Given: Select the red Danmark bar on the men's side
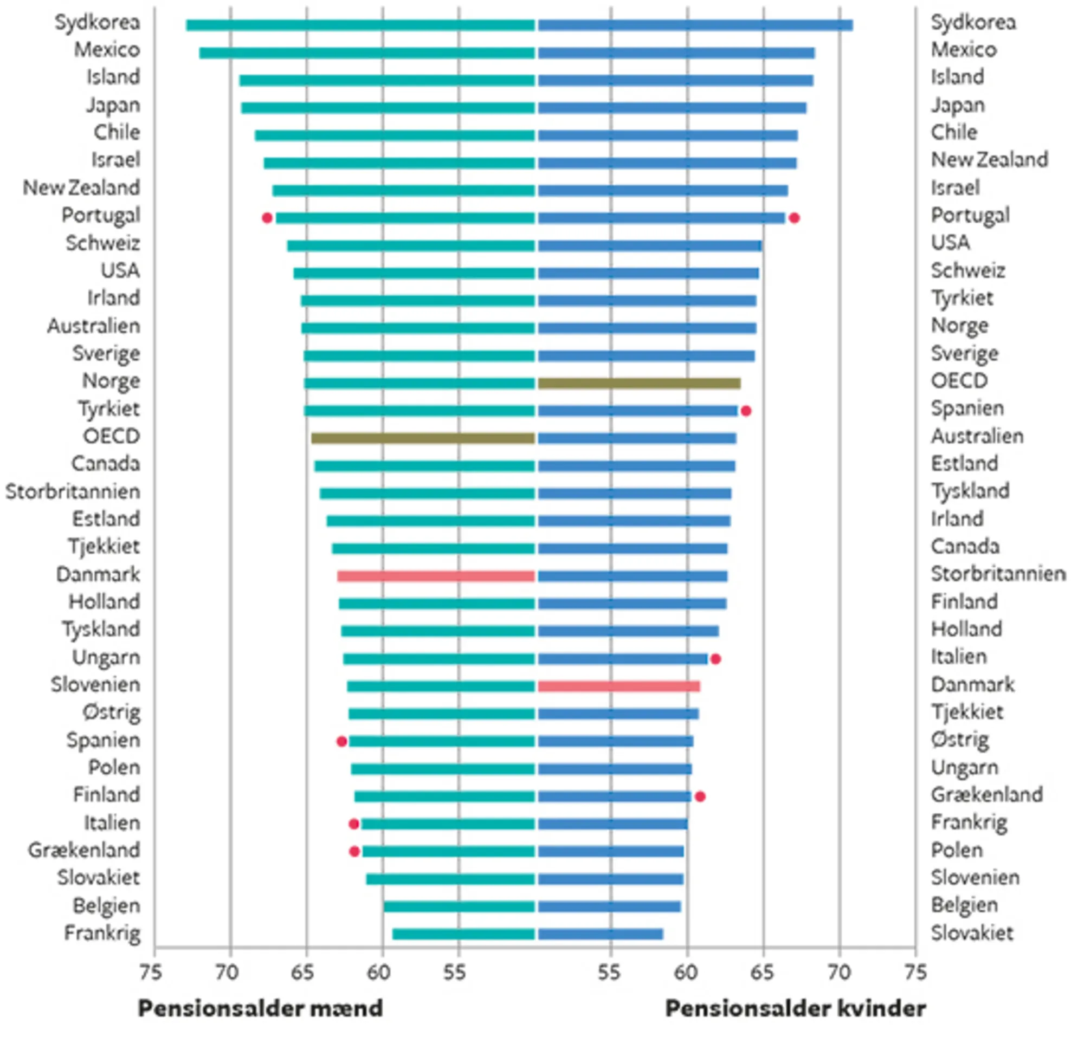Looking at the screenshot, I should point(436,576).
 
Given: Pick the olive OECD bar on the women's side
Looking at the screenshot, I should point(639,383).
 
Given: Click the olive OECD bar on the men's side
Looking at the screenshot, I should point(423,438).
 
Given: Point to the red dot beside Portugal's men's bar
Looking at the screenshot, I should point(267,218).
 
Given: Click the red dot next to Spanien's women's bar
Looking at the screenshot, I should point(746,411).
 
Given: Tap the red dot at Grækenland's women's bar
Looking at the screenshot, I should point(700,796).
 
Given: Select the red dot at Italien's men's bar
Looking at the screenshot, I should point(354,824).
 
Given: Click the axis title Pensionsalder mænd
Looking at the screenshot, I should point(260,1008).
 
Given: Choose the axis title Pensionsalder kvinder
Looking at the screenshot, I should point(795,1008).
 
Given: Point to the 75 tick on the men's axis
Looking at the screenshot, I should point(151,972).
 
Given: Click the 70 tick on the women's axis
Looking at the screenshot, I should point(839,972).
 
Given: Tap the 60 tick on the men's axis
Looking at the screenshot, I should point(379,972).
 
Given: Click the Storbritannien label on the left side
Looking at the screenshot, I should point(73,491).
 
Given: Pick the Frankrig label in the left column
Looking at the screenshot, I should point(102,934).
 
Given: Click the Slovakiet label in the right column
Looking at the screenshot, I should point(972,934).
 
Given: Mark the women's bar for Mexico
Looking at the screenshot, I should point(676,53).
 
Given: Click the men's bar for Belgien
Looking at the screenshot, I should point(459,906).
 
